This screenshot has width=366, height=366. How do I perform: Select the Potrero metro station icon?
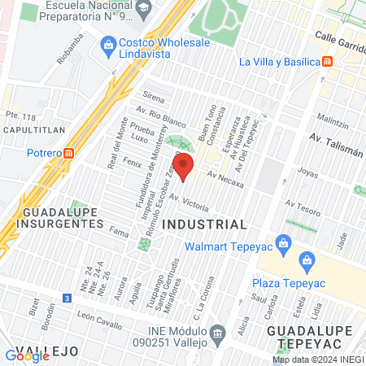point(69,152)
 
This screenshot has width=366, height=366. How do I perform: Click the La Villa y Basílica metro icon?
point(326,61)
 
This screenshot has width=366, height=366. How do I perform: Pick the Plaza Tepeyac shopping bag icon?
point(307,260)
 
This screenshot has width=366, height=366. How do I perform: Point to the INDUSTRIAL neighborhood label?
point(204,224)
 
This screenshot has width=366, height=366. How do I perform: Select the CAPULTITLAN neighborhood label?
point(30,129)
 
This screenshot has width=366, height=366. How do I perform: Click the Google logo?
point(28,355)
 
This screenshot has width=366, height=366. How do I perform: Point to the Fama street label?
point(120,234)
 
